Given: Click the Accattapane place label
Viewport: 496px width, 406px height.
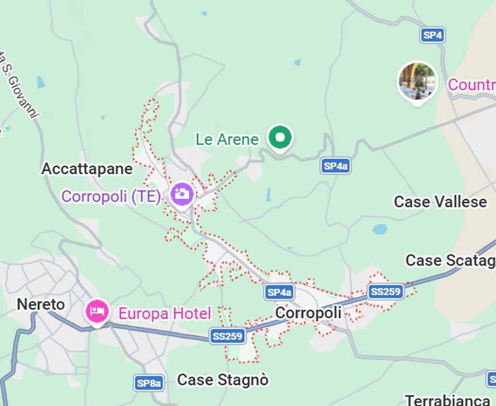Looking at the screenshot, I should click(x=87, y=169).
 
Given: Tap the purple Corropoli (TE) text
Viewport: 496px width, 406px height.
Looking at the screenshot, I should click(x=111, y=197).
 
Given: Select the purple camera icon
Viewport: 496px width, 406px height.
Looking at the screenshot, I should click(x=182, y=194).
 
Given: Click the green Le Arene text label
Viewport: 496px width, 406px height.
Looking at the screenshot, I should click(x=227, y=139).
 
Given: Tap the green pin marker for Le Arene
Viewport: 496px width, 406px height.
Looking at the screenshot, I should click(x=280, y=138).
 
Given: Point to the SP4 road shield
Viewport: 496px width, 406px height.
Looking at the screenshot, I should click(x=432, y=35).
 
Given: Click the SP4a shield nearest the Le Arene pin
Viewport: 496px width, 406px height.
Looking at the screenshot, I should click(x=335, y=166).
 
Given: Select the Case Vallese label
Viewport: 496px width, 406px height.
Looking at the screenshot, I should click(x=440, y=201).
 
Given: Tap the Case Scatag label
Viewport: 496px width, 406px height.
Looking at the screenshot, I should click(x=450, y=260).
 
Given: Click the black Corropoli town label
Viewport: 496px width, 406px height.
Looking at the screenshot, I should click(x=308, y=313).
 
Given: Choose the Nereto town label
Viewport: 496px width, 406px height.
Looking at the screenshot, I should click(x=41, y=304).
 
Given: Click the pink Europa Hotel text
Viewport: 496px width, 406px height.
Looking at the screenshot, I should click(x=164, y=313).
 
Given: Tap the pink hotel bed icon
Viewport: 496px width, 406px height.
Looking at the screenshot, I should click(x=97, y=311).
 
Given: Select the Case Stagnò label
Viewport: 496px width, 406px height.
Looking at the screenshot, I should click(x=222, y=380).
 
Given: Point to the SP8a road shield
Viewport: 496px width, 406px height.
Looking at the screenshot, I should click(x=149, y=383).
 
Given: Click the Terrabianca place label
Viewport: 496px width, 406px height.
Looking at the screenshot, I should click(x=447, y=400).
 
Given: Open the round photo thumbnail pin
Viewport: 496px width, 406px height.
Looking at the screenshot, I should click(x=418, y=81).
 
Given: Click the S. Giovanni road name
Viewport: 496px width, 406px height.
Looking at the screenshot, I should click(x=19, y=90).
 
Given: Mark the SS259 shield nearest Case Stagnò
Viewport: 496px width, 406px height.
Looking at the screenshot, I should click(x=227, y=336).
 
